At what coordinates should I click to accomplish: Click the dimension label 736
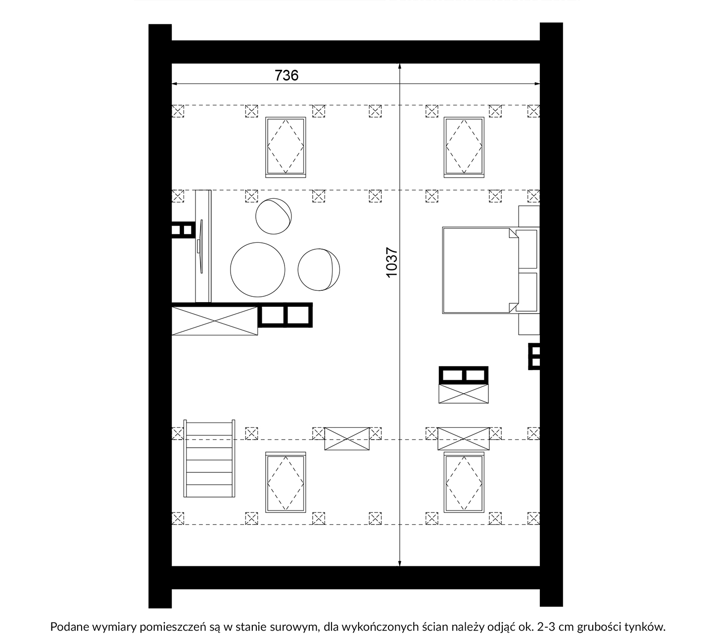(286, 75)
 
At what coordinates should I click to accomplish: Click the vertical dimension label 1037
(391, 262)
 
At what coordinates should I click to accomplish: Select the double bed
(480, 271)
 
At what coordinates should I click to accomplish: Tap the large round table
(258, 270)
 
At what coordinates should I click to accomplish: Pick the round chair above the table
(274, 216)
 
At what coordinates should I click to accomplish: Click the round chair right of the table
(319, 270)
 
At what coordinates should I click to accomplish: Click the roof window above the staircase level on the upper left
(286, 147)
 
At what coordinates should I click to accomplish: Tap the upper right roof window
(464, 147)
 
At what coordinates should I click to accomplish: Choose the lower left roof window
(286, 482)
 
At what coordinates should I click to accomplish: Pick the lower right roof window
(464, 482)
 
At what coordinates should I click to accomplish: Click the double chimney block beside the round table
(285, 315)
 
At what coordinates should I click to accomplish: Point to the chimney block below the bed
(464, 375)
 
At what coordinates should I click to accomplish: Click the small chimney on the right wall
(534, 357)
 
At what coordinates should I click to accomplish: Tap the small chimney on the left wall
(184, 230)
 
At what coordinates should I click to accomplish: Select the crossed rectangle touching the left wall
(215, 321)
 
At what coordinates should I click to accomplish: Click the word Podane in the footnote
(70, 627)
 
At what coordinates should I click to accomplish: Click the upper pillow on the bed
(527, 249)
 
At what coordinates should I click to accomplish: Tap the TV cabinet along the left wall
(203, 246)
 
